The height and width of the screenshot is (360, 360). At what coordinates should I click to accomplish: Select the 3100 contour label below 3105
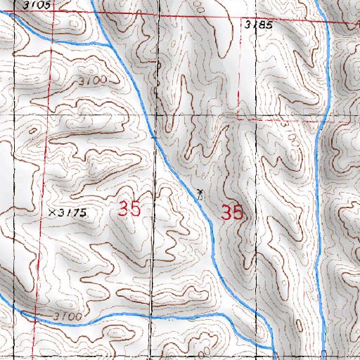(93, 82)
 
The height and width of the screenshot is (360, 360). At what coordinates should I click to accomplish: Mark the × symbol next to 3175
(53, 212)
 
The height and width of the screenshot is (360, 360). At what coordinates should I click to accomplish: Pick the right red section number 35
(232, 212)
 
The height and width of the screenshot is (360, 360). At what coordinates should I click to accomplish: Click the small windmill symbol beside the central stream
(200, 192)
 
